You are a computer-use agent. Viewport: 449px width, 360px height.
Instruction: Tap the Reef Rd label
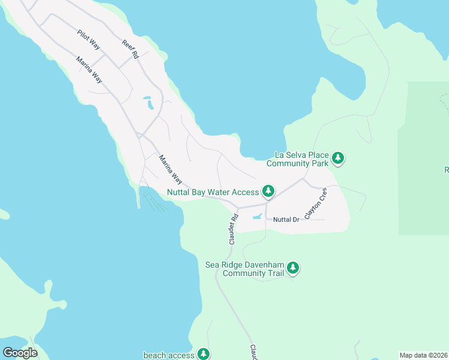click(x=130, y=49)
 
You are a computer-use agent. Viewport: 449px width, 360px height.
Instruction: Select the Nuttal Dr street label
click(x=286, y=220)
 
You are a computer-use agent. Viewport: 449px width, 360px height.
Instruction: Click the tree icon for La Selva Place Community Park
click(x=339, y=158)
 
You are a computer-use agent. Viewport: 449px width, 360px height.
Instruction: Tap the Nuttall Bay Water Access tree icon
click(x=268, y=192)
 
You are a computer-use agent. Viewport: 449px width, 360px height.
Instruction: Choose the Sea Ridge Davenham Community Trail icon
click(x=293, y=268)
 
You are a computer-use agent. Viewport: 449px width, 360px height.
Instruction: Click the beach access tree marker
click(x=204, y=354)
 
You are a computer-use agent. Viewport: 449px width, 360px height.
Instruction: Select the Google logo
click(x=20, y=353)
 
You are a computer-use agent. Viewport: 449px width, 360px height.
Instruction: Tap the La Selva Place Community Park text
click(x=298, y=159)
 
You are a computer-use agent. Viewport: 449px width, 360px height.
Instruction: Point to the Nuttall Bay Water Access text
click(x=213, y=193)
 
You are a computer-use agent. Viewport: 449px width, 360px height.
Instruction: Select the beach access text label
click(x=169, y=355)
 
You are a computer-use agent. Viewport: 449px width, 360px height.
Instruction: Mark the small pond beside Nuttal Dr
click(x=258, y=217)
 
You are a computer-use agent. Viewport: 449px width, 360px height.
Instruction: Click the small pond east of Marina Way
click(x=148, y=103)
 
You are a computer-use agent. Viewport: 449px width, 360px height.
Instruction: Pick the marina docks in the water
click(x=152, y=201)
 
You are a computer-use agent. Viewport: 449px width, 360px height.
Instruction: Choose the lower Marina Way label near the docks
click(x=170, y=169)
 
